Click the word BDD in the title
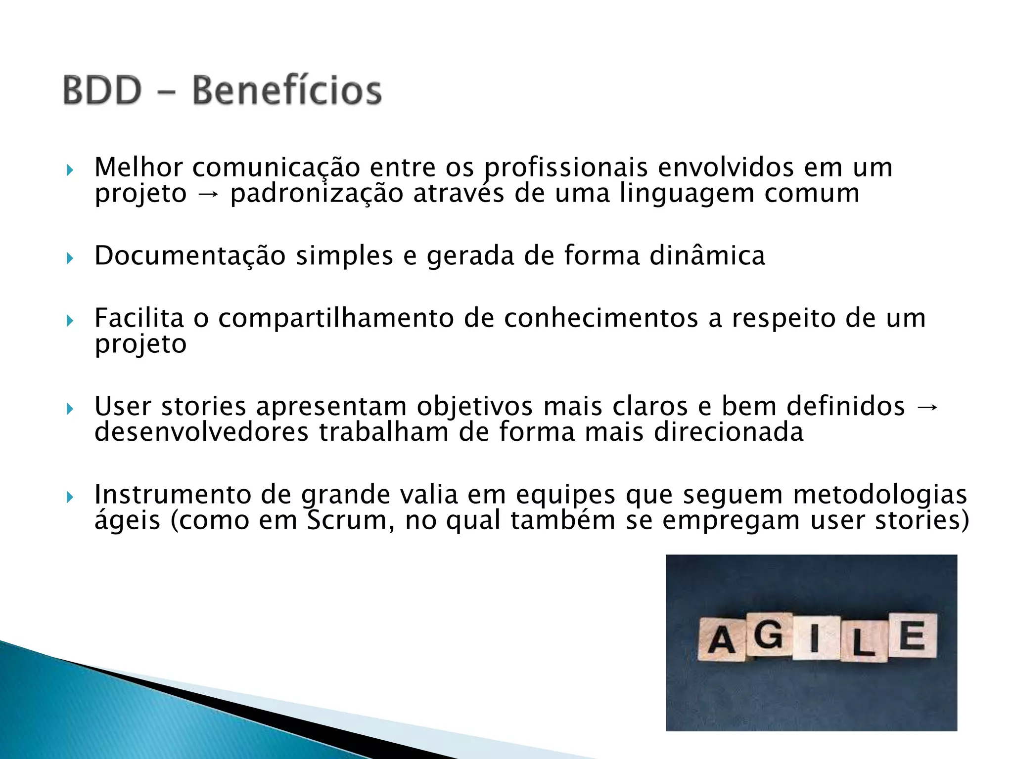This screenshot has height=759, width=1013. pos(102,90)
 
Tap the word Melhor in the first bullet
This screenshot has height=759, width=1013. pos(138,167)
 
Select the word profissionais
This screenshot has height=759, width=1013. pos(565,168)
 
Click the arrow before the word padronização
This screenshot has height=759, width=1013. pos(208,194)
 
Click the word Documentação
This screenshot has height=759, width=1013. pos(190,256)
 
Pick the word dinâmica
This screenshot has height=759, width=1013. pos(707,256)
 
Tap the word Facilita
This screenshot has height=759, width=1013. pos(139,318)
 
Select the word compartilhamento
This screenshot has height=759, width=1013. pos(336,319)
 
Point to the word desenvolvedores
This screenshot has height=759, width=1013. pos(201,432)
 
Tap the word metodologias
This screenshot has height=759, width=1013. pos(880,495)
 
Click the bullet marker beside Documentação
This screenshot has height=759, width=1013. pos(70,257)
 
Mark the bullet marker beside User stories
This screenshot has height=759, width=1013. pos(70,409)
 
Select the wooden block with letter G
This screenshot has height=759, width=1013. pos(768,634)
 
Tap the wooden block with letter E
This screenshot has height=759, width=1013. pos(912,635)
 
